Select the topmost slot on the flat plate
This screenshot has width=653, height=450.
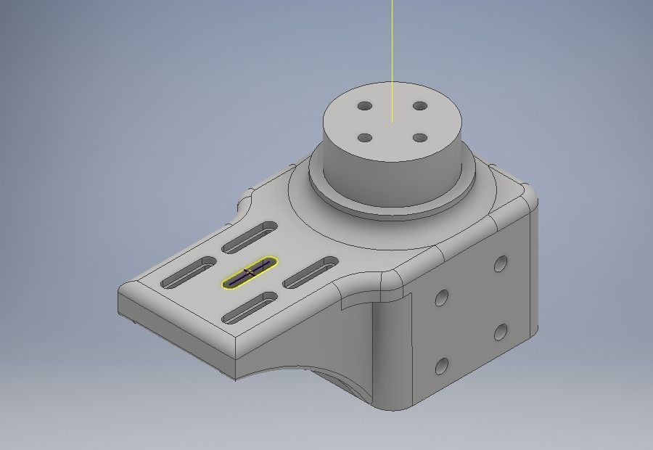point(251,237)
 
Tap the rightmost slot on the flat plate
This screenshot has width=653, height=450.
point(311,271)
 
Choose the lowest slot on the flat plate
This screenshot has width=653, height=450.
point(250,307)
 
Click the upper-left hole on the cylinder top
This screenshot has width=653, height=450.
point(366,107)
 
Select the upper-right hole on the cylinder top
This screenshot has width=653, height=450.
point(419,106)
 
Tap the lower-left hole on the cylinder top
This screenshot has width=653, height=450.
point(366,138)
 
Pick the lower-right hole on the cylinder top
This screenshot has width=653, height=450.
point(419,137)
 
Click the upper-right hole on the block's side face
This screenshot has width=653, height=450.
point(501,263)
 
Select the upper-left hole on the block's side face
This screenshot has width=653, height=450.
point(441,296)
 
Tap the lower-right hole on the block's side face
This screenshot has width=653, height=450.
point(501,332)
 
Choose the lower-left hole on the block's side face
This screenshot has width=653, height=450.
point(441,367)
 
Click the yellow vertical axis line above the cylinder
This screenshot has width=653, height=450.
point(393,44)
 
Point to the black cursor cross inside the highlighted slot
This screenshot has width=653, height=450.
point(249,272)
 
